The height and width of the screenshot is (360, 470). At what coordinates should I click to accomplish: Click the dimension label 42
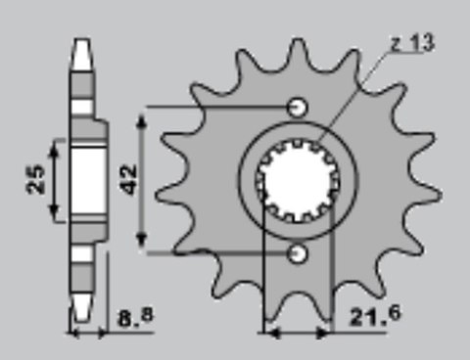click(127, 179)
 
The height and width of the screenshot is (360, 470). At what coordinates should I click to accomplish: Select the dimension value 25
click(37, 181)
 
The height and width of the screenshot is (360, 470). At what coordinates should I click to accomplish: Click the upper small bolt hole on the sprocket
click(299, 106)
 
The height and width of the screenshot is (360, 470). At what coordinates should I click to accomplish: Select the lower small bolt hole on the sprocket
click(299, 254)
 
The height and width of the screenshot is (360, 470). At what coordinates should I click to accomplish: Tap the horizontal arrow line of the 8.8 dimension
click(88, 333)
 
